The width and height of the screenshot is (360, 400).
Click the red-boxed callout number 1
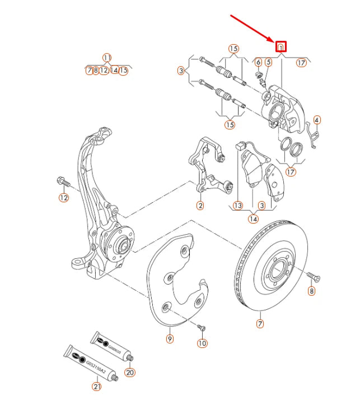(282, 47)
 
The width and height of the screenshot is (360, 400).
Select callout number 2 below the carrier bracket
(200, 206)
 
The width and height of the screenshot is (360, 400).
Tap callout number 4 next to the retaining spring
(317, 120)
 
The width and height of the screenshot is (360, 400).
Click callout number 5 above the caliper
(268, 63)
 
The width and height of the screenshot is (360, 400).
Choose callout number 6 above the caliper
(259, 63)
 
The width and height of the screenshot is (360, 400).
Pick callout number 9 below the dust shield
(170, 338)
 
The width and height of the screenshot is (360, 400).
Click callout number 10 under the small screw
(202, 343)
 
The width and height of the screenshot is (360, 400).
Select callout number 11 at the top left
(107, 57)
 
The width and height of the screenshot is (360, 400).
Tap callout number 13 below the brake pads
(238, 206)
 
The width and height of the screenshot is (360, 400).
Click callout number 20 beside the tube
(130, 372)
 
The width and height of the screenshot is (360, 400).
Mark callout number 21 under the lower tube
(97, 387)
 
